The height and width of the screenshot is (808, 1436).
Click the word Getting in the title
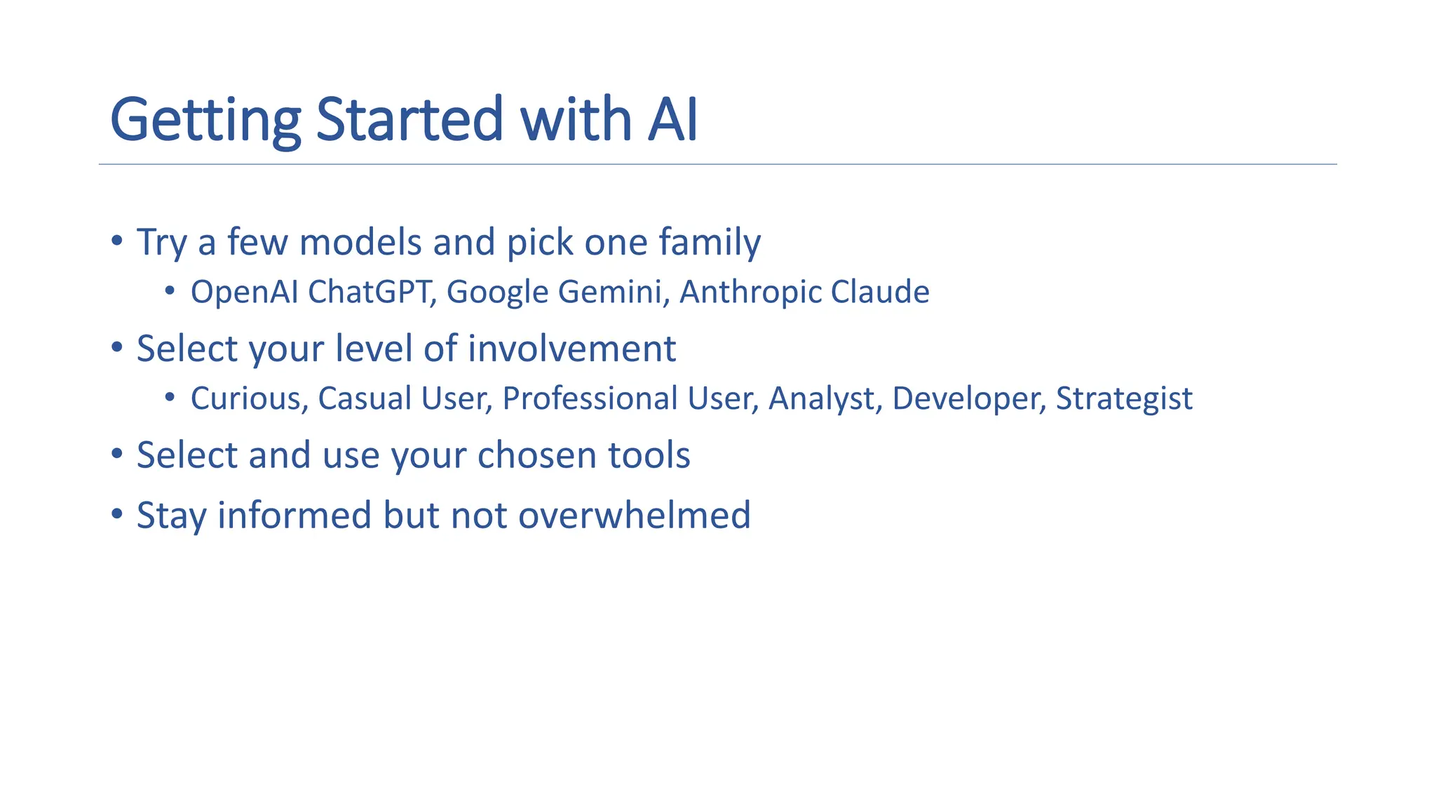point(205,121)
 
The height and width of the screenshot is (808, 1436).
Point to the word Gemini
point(609,292)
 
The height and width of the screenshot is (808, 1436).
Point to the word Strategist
point(1124,399)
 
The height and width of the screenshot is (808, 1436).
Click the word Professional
point(590,399)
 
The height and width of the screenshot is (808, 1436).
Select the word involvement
point(571,349)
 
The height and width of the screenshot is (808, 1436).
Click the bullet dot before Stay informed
point(117,514)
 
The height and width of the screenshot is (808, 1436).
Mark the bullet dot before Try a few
point(117,241)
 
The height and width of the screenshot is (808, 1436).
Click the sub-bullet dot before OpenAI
point(170,290)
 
